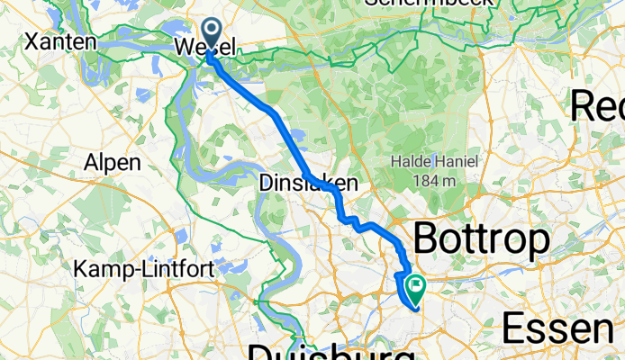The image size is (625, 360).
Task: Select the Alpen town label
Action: tap(113, 163)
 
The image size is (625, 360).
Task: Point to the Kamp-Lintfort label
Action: tap(130, 269)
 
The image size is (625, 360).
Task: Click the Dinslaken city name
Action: tap(308, 184)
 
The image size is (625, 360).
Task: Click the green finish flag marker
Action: tap(417, 289)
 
